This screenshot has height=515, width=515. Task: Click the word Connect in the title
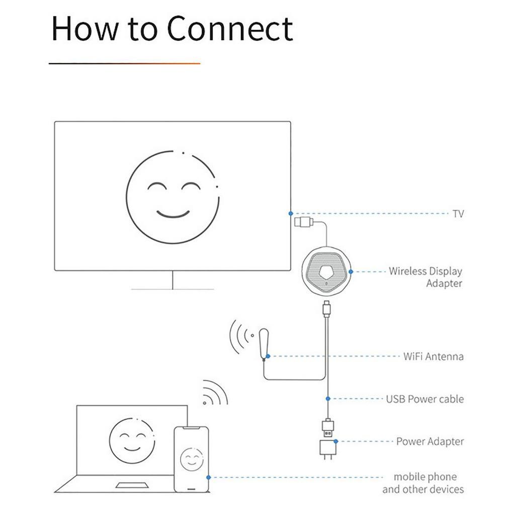(230, 29)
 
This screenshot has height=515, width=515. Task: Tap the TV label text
(458, 214)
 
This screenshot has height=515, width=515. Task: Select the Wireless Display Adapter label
(425, 277)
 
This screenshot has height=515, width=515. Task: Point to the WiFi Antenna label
(433, 357)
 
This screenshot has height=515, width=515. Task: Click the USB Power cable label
(424, 399)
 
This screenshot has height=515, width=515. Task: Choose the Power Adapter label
(430, 442)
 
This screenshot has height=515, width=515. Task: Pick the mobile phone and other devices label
(423, 483)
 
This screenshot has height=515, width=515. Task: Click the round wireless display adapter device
(326, 273)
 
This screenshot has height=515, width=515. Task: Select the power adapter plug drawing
(327, 448)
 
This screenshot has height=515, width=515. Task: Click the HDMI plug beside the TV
(303, 221)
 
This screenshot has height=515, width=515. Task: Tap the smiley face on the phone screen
(191, 459)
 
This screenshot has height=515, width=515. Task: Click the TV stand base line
(172, 289)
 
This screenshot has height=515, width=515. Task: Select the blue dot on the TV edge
(291, 213)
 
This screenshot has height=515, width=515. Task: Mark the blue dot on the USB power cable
(327, 399)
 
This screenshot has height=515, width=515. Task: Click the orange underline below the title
(124, 63)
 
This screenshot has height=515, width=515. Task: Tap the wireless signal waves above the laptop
(215, 394)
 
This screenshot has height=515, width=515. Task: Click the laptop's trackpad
(133, 485)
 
